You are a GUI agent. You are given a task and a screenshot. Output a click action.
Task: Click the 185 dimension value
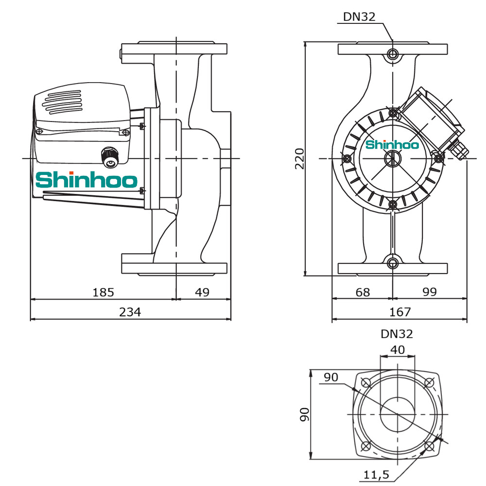[x=103, y=292]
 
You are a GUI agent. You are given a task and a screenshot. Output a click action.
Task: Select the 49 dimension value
[x=202, y=292]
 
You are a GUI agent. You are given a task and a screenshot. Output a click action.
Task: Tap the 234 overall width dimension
[x=130, y=312]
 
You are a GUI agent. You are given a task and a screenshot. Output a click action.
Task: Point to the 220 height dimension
[x=300, y=159]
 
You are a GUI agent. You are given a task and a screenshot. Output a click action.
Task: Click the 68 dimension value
[x=363, y=292]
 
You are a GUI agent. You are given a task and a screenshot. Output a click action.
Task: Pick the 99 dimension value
[x=430, y=292]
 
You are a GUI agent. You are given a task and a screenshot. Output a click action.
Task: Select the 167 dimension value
[x=400, y=312]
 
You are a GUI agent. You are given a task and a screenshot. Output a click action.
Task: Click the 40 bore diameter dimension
[x=398, y=349]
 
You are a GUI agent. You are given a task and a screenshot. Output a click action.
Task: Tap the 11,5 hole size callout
[x=376, y=474]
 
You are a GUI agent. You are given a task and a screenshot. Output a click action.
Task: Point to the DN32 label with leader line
[x=359, y=17]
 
